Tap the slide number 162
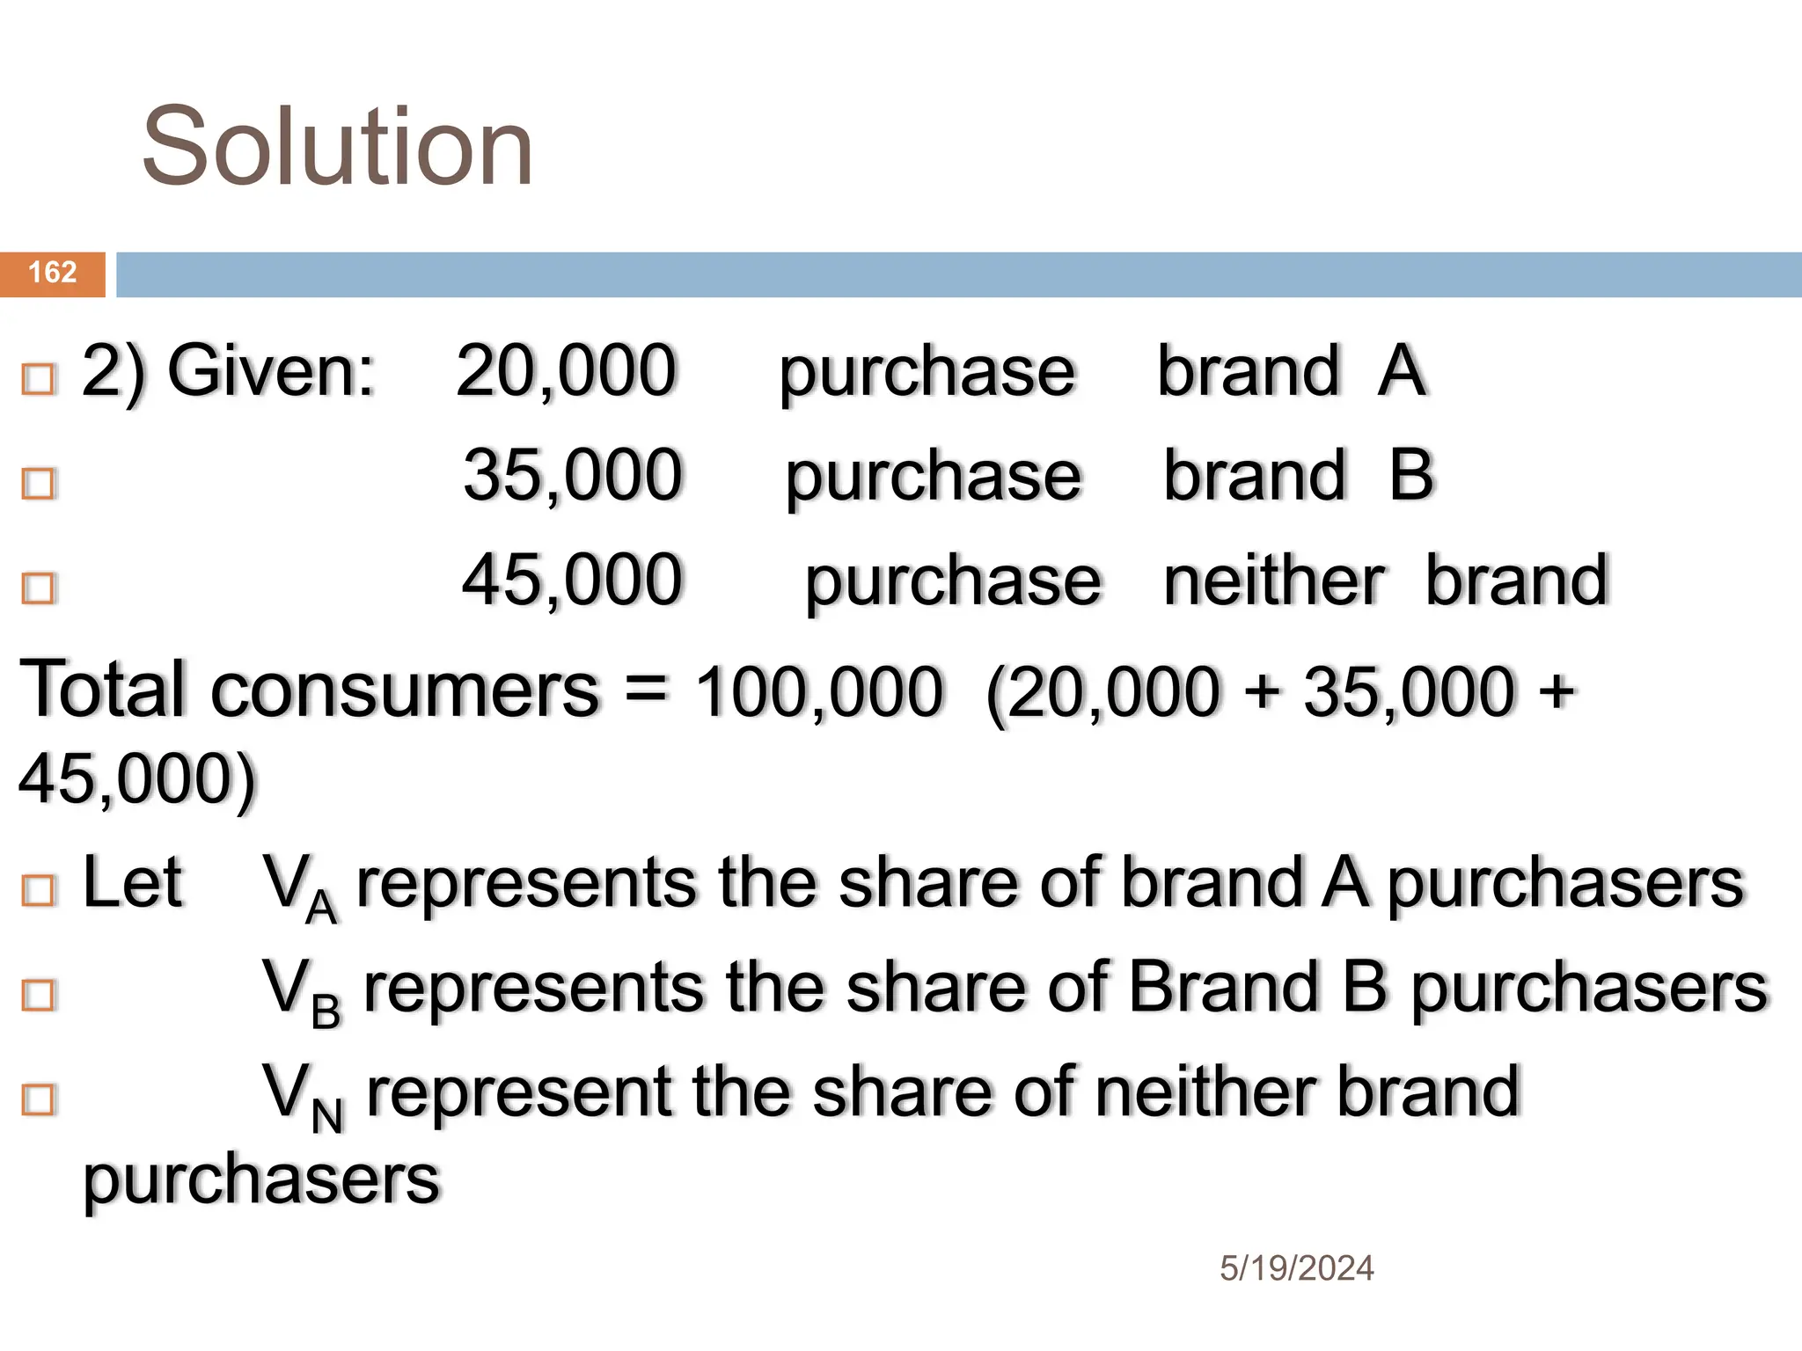[x=53, y=273]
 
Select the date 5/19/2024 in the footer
[x=1296, y=1268]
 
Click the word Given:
[x=271, y=371]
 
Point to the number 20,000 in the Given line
[x=566, y=371]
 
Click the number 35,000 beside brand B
[x=573, y=476]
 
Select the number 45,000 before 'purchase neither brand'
[x=573, y=581]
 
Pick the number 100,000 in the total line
[x=818, y=691]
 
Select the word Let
[x=132, y=882]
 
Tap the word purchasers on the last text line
[x=261, y=1180]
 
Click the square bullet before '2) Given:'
[x=39, y=379]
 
